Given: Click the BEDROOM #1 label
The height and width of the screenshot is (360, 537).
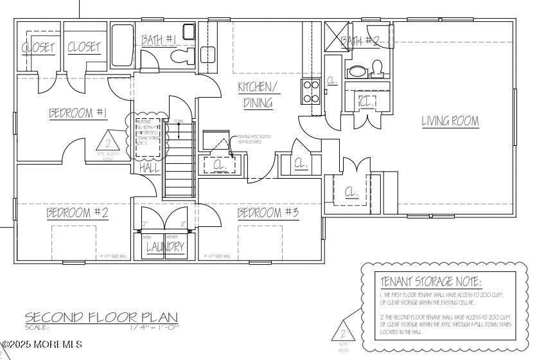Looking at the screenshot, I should point(78,114).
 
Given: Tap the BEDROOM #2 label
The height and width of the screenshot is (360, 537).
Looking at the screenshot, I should point(76,213).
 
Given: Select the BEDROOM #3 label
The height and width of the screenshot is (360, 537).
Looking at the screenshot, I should point(268,213).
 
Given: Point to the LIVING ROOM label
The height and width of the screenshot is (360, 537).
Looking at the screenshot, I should point(450,121).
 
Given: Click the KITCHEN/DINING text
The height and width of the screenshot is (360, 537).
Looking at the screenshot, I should point(258,94).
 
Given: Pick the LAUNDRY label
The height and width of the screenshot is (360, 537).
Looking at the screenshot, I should point(165,246).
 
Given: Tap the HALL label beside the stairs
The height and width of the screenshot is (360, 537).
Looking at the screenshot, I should point(149,168).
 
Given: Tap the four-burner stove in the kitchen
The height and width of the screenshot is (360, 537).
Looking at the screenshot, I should point(311,91).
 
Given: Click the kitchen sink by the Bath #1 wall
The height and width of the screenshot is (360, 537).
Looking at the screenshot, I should point(207,54).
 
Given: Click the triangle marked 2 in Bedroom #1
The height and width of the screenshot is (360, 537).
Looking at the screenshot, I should point(107,142).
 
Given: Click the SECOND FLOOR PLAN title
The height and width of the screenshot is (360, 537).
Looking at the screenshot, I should point(101,317).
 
